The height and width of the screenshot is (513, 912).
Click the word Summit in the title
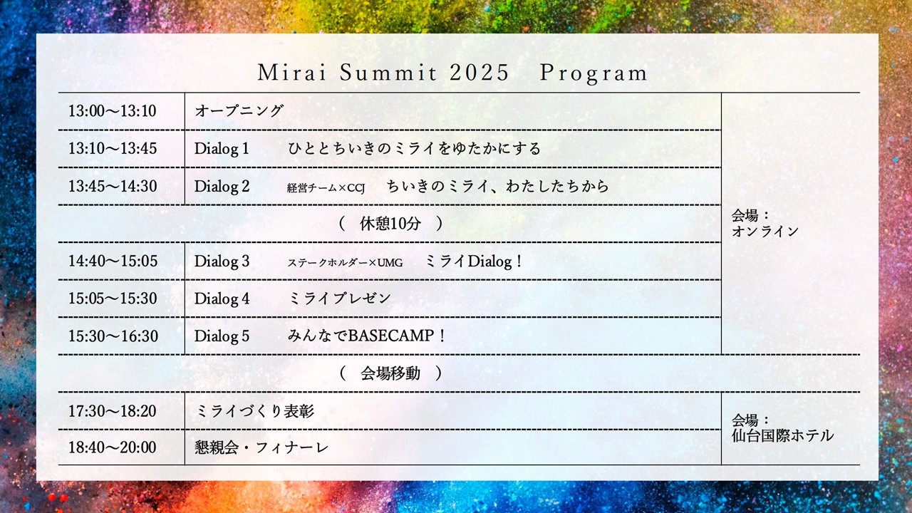coord(388,73)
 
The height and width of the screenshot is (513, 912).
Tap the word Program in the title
coord(594,73)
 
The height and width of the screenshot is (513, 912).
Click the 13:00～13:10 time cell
coord(113,110)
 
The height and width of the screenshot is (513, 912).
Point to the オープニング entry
coord(239,110)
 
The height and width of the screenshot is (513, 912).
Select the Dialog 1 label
coord(222,149)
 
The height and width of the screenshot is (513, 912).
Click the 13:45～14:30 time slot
coord(113,186)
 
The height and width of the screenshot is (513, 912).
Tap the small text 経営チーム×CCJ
coord(326,187)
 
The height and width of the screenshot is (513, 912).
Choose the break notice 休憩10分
coord(390,224)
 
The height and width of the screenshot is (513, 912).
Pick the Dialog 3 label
coord(222,261)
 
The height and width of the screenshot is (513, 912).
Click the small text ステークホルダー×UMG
coord(346,263)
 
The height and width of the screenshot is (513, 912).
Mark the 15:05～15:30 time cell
coord(113,299)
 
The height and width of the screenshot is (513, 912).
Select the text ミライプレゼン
coord(340,299)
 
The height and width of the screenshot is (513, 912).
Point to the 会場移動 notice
coord(390,373)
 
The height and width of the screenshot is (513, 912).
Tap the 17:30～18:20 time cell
coord(113,411)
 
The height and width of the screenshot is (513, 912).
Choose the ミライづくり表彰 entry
coord(254,411)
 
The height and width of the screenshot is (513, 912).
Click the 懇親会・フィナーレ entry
coord(261,447)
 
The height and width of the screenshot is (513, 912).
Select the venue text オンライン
coord(765,232)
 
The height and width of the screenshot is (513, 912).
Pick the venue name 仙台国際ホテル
coord(782,435)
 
